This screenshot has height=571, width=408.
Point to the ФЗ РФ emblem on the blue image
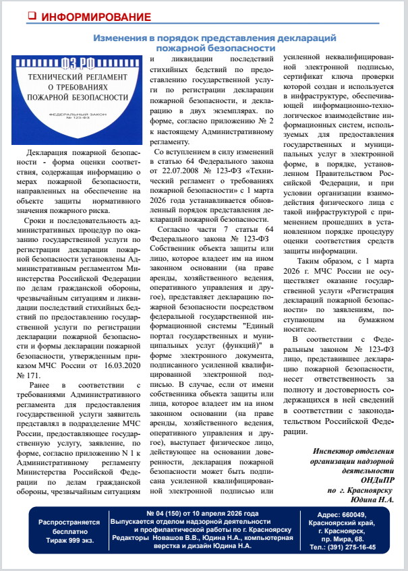click(x=76, y=66)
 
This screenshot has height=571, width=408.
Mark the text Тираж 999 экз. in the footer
click(x=69, y=537)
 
